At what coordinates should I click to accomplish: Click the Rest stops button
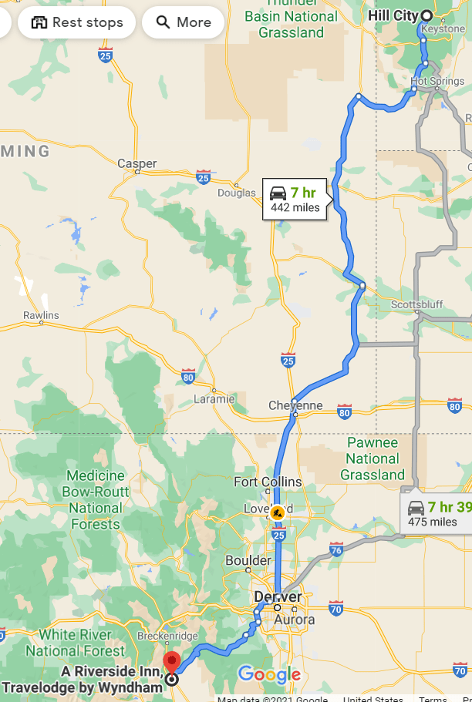pos(76,22)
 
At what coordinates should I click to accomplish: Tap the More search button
pos(183,22)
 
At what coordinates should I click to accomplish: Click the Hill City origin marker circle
pos(426,15)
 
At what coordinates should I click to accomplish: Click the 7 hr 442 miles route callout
pos(295,200)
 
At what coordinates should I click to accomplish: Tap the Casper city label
pos(137,163)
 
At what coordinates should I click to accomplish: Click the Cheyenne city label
pos(295,405)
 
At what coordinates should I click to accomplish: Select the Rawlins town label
pos(40,315)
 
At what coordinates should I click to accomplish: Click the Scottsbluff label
pos(417,304)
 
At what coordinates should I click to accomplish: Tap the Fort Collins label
pos(268,482)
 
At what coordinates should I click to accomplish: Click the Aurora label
pos(294,620)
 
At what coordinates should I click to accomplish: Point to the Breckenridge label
pos(163,636)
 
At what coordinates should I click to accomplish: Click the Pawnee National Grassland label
pos(373,458)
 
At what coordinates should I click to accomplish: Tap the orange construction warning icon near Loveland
pos(278,512)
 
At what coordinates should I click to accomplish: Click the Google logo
pos(268,675)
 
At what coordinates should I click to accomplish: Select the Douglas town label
pos(236,193)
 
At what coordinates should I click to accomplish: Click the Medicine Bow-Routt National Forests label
pos(96,500)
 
